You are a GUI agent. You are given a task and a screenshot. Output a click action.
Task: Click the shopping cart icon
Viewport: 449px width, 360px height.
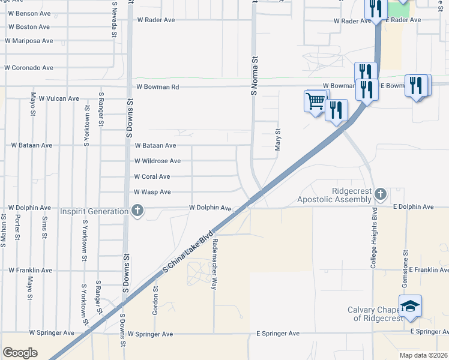click(x=315, y=101)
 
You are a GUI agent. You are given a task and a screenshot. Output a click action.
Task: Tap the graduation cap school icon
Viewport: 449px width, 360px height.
click(x=410, y=306)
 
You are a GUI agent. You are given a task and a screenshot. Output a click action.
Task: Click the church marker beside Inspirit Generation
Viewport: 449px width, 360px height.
click(x=137, y=211)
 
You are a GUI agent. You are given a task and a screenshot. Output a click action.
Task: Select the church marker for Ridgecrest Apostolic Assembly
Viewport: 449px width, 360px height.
click(x=380, y=194)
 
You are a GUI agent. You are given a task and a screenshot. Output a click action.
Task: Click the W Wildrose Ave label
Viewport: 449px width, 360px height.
click(x=157, y=161)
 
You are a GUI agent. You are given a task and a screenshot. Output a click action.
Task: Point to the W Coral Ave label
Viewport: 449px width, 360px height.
click(x=152, y=177)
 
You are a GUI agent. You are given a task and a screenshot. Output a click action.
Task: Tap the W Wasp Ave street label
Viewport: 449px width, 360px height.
click(x=152, y=192)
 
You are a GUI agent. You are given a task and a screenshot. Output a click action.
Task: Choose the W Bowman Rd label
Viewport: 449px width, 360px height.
click(x=158, y=87)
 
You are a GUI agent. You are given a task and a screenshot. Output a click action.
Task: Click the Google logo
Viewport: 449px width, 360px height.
click(x=20, y=353)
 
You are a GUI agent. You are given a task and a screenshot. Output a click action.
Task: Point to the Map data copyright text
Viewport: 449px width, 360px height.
click(x=423, y=355)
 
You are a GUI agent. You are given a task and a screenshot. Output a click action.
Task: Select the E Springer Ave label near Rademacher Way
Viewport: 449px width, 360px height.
click(x=277, y=334)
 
